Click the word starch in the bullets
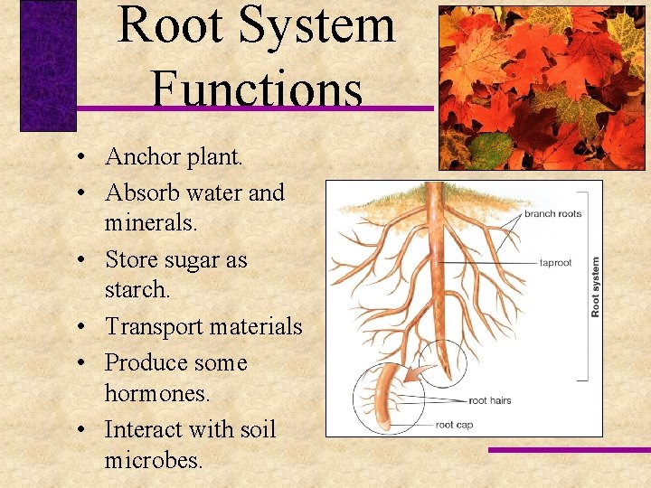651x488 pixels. [x=136, y=290]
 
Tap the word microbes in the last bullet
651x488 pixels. [x=152, y=460]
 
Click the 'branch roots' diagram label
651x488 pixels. [x=552, y=214]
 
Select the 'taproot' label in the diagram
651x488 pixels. [x=555, y=263]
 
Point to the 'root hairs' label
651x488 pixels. [x=490, y=399]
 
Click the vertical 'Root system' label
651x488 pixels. [x=595, y=286]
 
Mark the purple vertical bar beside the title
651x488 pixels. [x=48, y=65]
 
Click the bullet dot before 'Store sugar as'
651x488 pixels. [x=81, y=260]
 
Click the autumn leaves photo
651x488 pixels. [x=542, y=88]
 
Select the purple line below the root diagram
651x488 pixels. [x=569, y=449]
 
